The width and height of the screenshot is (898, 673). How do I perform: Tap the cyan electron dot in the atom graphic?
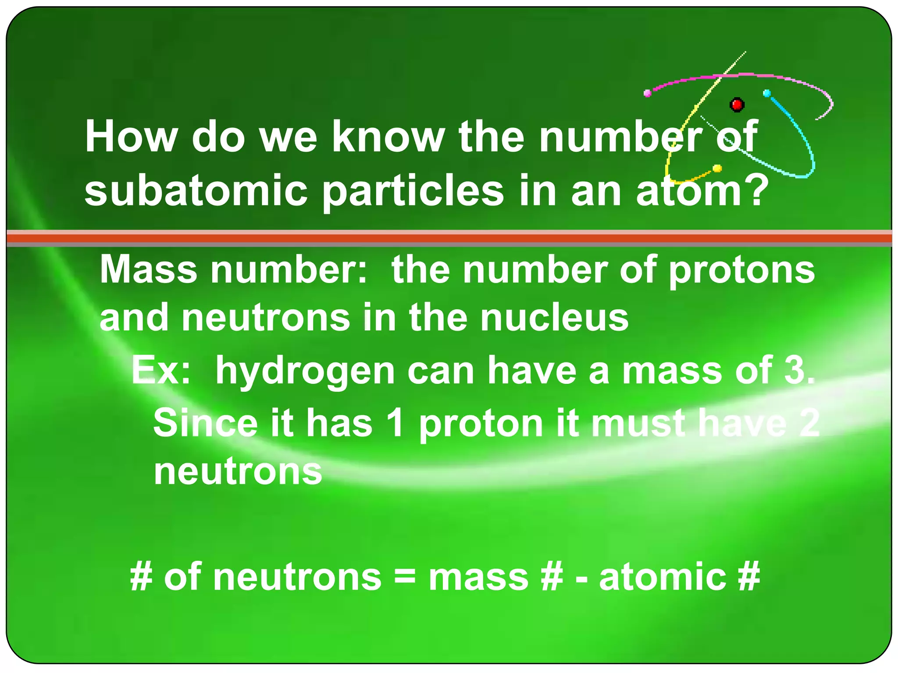(x=767, y=93)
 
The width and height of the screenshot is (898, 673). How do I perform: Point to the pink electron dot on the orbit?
(x=648, y=93)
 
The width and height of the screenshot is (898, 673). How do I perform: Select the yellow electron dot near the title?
(x=717, y=168)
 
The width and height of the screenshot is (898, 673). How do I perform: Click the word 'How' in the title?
(x=131, y=137)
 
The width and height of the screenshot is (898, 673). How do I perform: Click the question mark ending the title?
(x=755, y=189)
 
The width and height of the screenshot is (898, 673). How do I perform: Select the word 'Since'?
(x=205, y=423)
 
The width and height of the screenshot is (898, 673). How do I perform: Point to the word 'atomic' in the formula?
(x=662, y=577)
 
